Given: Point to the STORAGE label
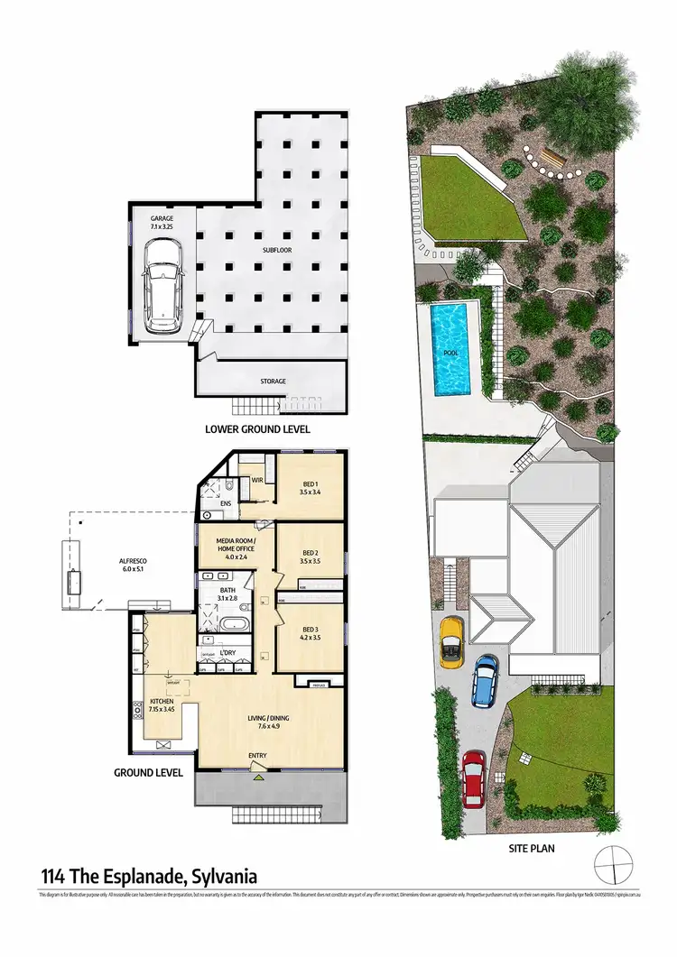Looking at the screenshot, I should point(274,381).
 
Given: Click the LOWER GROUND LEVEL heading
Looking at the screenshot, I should point(257,430).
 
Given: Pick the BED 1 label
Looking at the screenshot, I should point(310,489).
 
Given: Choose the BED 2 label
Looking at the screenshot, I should point(310,557).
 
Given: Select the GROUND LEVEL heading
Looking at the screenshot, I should point(148,773).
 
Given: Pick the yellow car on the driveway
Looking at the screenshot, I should point(451,640).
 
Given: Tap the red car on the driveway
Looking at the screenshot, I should point(474,778).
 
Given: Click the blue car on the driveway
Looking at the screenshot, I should point(485,680).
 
